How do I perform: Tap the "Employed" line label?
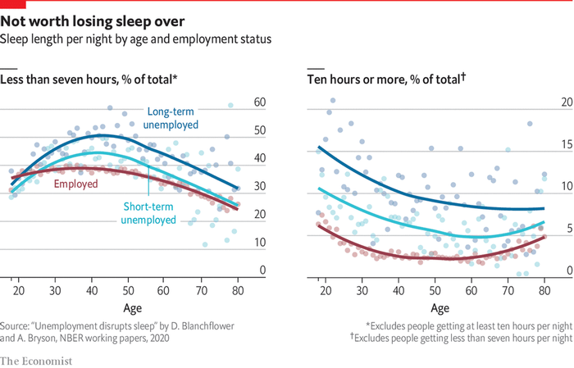tap(75, 184)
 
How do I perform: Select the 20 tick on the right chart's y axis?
tap(541, 102)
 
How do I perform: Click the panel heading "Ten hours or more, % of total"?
tap(386, 79)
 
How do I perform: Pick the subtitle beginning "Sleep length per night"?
tap(135, 39)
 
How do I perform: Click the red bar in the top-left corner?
tap(11, 2)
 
